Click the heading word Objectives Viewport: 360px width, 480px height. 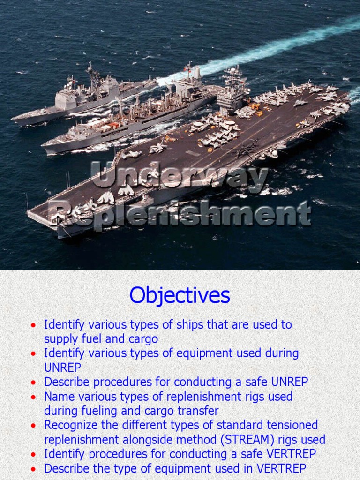(180, 295)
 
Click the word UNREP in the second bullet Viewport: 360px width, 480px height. (63, 368)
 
